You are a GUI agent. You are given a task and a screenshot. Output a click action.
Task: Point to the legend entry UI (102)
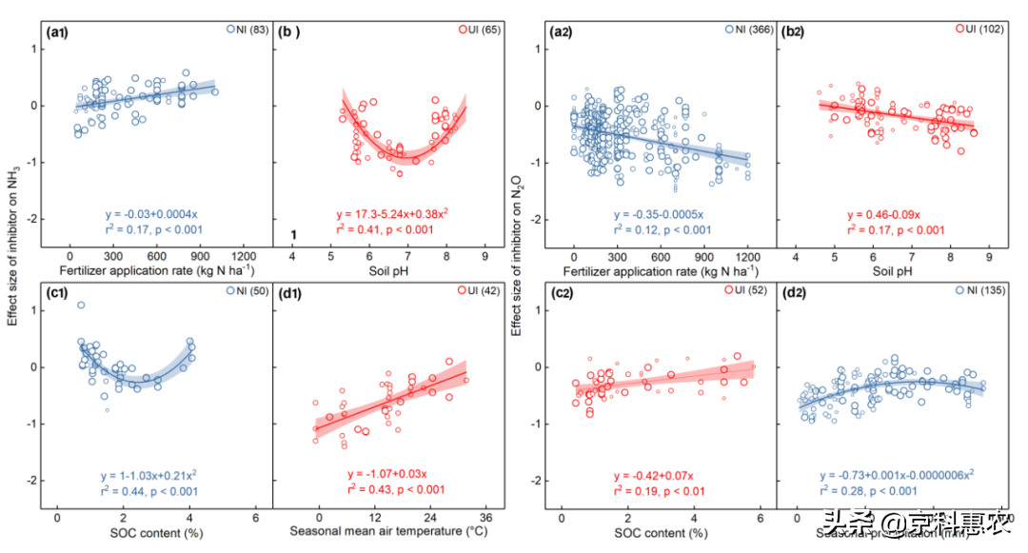tap(978, 30)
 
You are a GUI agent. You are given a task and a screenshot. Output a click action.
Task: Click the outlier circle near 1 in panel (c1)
tap(81, 306)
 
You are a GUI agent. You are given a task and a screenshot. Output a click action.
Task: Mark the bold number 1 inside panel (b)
tap(295, 235)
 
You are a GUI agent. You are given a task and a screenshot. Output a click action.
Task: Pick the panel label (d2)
tap(796, 292)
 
